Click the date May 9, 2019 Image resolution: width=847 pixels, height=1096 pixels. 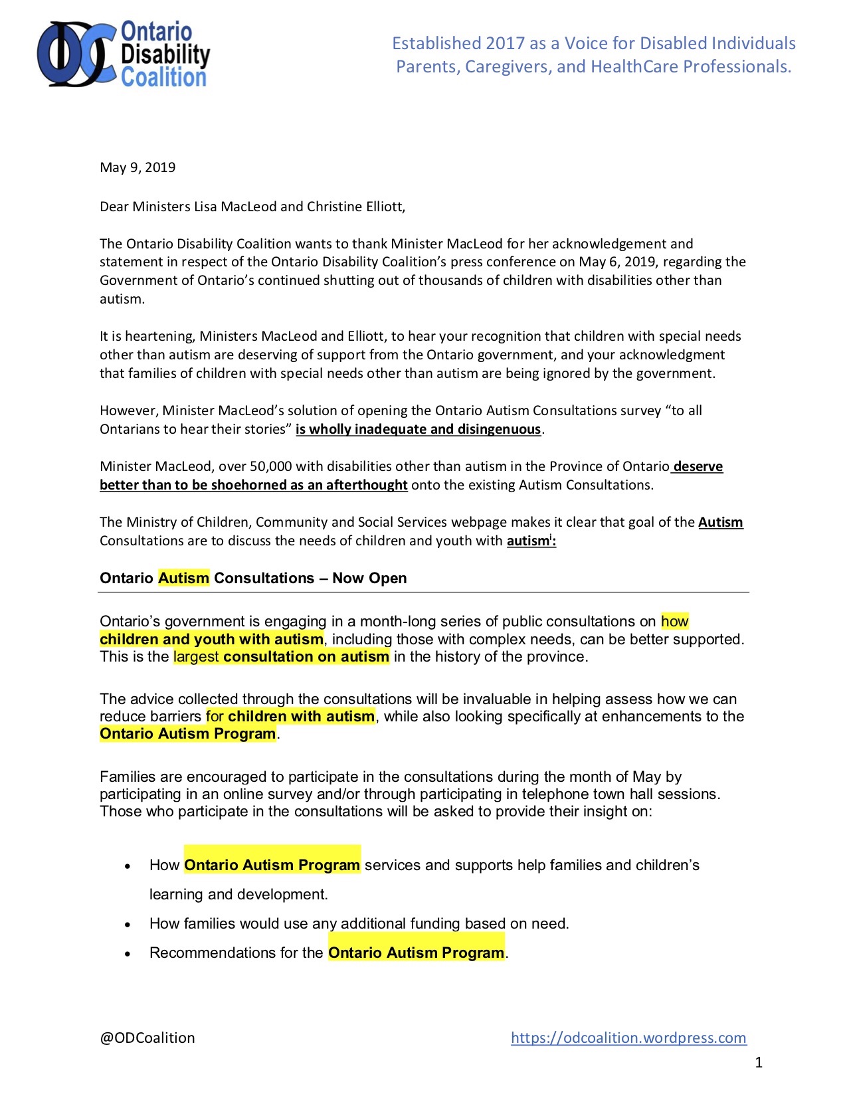[x=138, y=167]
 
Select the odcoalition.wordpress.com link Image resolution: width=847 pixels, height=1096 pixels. [x=628, y=1038]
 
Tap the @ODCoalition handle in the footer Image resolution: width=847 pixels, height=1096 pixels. [x=147, y=1038]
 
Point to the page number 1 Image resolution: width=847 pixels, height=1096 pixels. [x=759, y=1063]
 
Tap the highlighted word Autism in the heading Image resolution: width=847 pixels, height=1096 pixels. [x=183, y=578]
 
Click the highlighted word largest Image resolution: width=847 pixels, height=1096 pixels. [x=196, y=657]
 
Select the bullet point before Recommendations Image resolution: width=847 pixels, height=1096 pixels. [x=128, y=954]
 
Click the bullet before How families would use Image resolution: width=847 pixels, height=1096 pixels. [x=128, y=925]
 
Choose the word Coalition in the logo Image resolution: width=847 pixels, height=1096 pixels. [x=163, y=78]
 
